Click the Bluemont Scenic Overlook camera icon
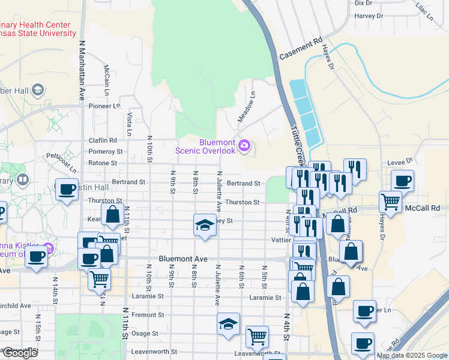click(244, 145)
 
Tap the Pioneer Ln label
click(104, 106)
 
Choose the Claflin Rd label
click(103, 140)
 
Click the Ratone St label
click(102, 163)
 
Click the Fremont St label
click(148, 314)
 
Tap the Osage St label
click(145, 333)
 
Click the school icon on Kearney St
click(205, 226)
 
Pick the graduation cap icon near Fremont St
click(228, 325)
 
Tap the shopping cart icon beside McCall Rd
click(390, 202)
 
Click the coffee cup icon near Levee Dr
click(402, 180)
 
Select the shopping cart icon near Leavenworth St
click(257, 337)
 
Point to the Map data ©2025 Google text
click(412, 355)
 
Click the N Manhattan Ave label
click(81, 71)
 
